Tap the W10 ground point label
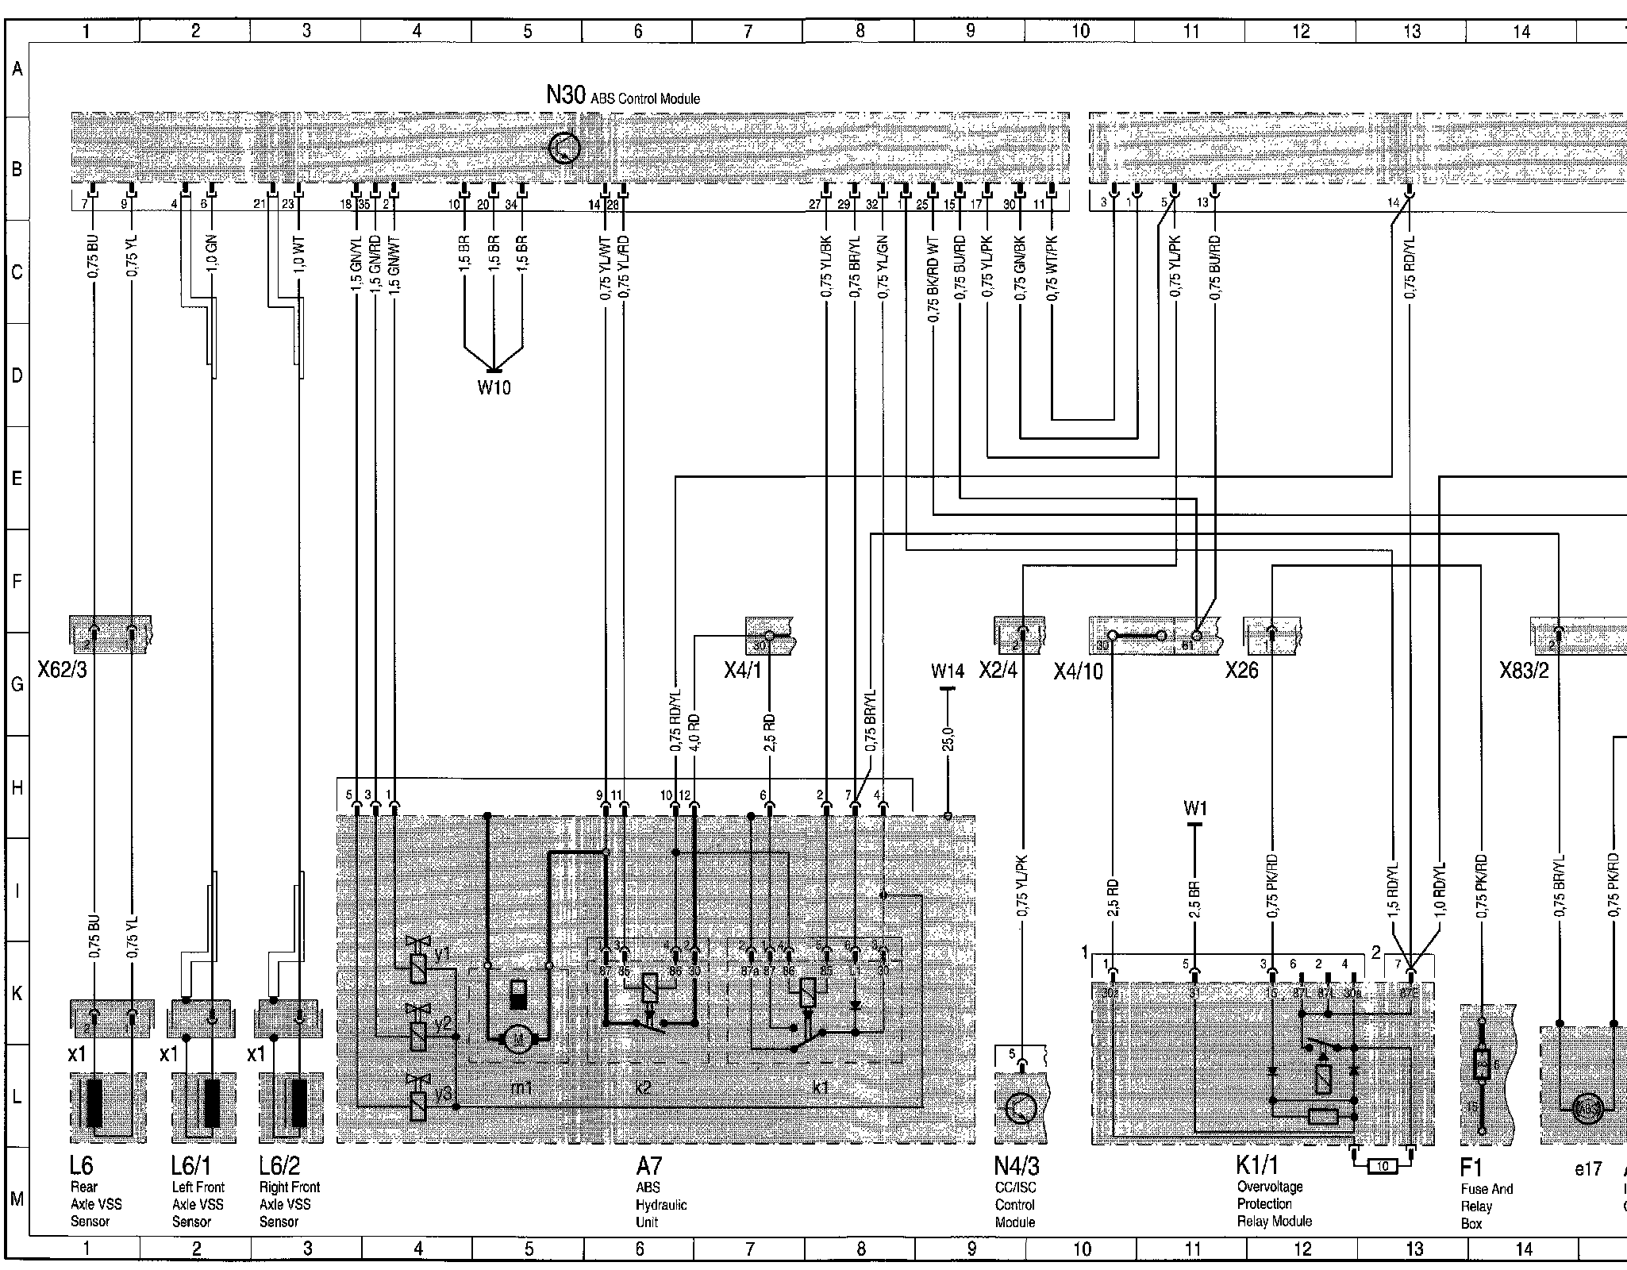pos(494,387)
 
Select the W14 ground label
pos(948,672)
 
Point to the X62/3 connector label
pos(62,671)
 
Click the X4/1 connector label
pos(742,671)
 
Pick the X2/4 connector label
pos(998,671)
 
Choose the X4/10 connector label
pos(1079,672)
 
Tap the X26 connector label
pos(1241,671)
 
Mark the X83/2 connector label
pos(1524,671)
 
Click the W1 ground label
pos(1194,809)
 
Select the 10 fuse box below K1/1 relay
pos(1383,1166)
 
